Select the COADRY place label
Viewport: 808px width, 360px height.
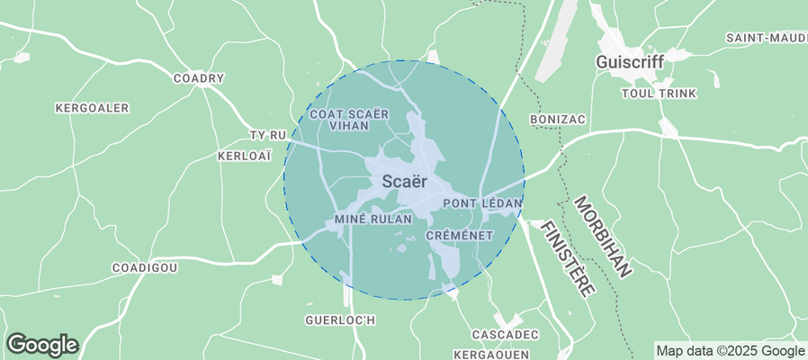198,78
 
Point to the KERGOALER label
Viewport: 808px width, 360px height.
92,108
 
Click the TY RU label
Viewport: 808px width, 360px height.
266,136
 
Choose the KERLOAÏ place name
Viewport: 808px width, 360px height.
244,156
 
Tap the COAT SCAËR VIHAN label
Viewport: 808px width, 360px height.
348,121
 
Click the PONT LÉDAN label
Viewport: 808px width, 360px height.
483,204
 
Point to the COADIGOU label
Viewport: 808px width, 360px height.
144,268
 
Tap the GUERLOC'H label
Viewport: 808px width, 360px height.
339,319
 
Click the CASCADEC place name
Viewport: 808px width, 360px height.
504,334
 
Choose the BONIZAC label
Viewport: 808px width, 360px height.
559,119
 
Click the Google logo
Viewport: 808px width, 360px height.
42,344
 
